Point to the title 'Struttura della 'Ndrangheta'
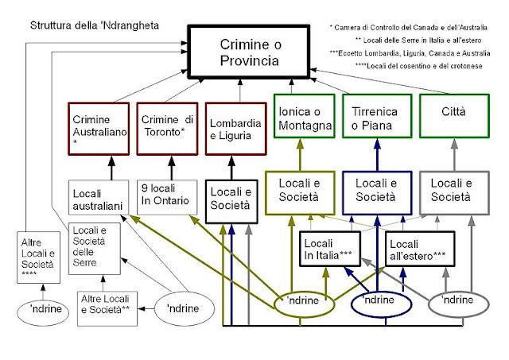(x=95, y=25)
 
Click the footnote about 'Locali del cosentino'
(x=419, y=66)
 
